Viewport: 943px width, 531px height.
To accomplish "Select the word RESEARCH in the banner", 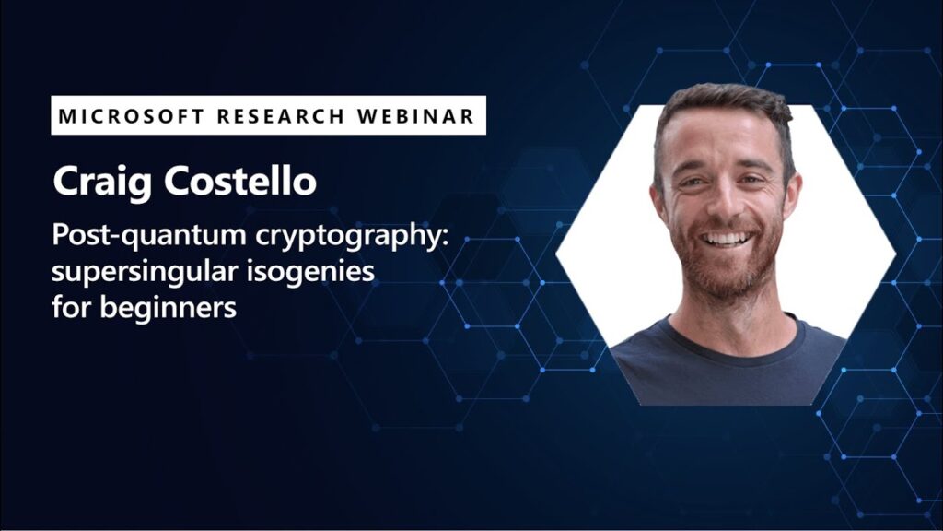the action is [x=281, y=115].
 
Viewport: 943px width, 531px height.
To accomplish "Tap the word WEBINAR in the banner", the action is [x=416, y=115].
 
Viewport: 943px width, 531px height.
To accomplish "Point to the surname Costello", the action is [x=240, y=180].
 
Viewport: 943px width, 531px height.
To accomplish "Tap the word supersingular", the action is [x=145, y=272].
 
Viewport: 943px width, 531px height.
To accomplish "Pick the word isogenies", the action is [x=310, y=272].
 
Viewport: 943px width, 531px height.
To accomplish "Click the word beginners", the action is [x=168, y=308].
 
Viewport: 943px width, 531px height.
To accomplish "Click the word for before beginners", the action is [x=72, y=307].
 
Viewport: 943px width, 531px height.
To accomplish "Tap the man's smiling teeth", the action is [x=727, y=239].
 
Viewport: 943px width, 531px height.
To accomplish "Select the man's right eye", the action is [x=692, y=182].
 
